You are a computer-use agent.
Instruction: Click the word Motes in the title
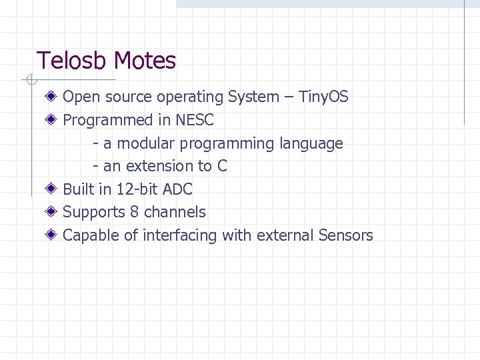[145, 61]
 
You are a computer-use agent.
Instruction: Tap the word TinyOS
[323, 97]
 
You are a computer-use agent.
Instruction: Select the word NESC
[195, 120]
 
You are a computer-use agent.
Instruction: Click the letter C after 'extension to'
[222, 166]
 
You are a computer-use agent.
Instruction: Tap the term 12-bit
[137, 189]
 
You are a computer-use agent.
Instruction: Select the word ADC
[177, 189]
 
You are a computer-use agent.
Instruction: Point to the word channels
[175, 212]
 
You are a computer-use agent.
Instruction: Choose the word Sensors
[345, 235]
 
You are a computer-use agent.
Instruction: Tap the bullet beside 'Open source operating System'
[51, 97]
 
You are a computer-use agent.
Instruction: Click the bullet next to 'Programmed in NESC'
[51, 120]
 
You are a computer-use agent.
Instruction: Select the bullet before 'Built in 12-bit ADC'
[51, 189]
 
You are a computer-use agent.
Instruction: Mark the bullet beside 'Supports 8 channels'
[51, 212]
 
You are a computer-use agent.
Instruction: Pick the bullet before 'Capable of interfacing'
[51, 235]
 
